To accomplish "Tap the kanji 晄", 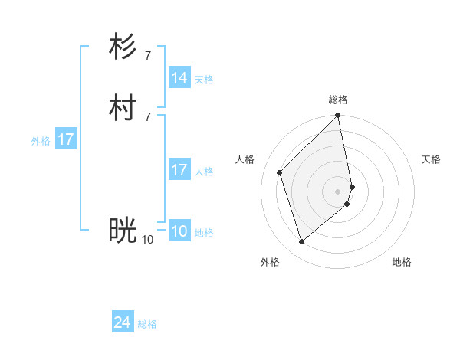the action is pos(123,230).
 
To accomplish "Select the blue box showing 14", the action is pos(179,78).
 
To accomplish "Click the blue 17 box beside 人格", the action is pos(179,170).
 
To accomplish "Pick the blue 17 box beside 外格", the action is pos(66,139).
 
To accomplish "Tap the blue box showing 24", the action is pos(123,322).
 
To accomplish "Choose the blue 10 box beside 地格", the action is pos(179,232).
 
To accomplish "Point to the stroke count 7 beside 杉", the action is pos(148,55).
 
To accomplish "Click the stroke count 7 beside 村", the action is pos(148,116).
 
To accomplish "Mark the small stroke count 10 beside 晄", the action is pos(147,240).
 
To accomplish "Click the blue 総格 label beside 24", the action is pos(147,324).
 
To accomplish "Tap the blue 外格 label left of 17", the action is pos(41,141).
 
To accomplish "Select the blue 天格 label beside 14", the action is pos(204,80).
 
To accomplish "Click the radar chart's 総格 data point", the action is pos(338,116).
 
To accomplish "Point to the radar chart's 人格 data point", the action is pos(280,172).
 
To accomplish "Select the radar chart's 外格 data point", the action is pos(301,242).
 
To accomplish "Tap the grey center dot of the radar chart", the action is pos(338,191).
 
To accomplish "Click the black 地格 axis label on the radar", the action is pos(402,262).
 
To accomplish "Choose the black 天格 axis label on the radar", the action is pos(431,159).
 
